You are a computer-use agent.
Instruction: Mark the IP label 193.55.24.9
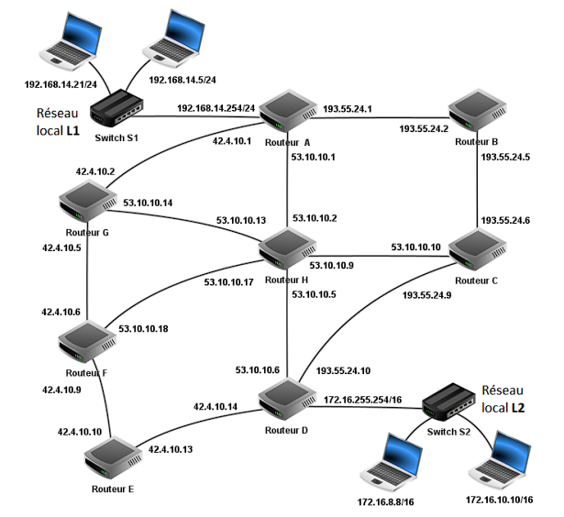(x=429, y=295)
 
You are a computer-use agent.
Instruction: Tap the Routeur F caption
(x=87, y=373)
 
